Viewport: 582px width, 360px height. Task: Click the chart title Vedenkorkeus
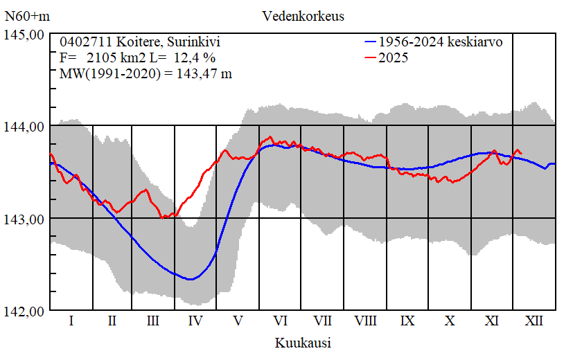pos(303,16)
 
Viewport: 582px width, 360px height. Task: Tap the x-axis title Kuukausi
pos(303,343)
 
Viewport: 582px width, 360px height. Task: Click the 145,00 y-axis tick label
pos(25,34)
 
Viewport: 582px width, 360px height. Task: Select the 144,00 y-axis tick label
pos(25,126)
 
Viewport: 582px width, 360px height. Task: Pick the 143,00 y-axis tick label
pos(25,219)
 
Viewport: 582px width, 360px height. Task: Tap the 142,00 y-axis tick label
pos(25,311)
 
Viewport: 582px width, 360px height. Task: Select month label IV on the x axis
pos(195,321)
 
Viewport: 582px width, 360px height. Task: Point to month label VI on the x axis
pos(281,321)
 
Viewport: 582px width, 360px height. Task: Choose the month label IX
pos(407,321)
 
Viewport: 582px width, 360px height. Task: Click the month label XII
pos(534,321)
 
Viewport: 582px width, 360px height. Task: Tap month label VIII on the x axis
pos(365,321)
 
